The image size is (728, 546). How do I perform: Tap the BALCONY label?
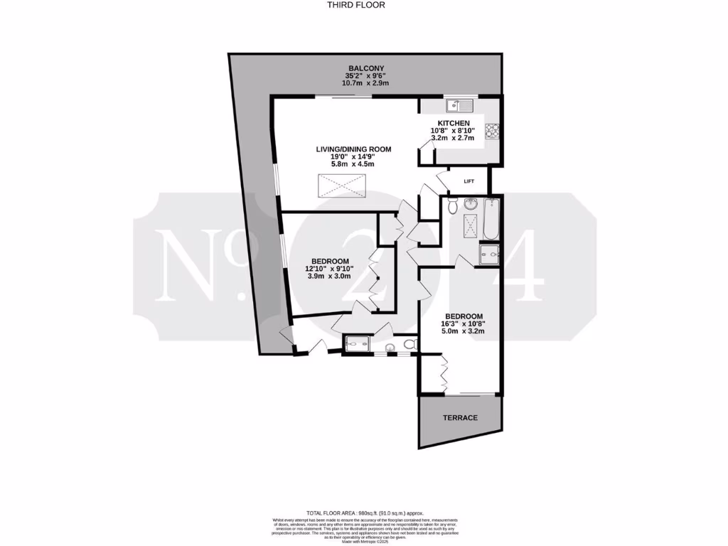click(x=366, y=68)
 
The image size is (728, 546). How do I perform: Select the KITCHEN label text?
click(x=454, y=123)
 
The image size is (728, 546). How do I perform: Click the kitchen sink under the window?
click(x=455, y=107)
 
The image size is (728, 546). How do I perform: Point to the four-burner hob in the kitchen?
click(x=491, y=132)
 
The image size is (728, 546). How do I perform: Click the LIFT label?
click(x=469, y=181)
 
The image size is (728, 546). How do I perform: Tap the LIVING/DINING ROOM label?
click(x=354, y=149)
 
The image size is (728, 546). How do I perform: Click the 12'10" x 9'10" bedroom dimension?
click(x=329, y=268)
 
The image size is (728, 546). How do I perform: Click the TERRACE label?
click(x=461, y=417)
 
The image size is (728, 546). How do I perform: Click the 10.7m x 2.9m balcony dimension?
click(x=366, y=83)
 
